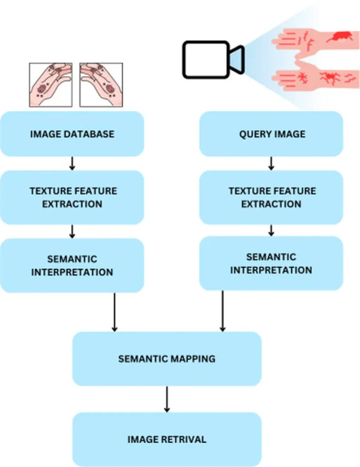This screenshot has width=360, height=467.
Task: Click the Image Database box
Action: tap(72, 134)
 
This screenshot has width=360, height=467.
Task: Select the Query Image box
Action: tap(271, 134)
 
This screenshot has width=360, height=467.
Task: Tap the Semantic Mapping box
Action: tap(167, 358)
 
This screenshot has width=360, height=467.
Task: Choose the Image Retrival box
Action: tap(167, 440)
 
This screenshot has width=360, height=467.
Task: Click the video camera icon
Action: tap(213, 59)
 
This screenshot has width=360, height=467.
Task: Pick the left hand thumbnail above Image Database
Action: tap(51, 85)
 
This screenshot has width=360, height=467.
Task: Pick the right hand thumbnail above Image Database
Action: tap(101, 85)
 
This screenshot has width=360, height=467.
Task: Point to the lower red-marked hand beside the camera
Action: tap(315, 78)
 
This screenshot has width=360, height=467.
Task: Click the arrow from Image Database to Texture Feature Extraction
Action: tap(72, 163)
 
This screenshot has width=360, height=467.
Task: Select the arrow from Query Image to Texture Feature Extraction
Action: tap(271, 163)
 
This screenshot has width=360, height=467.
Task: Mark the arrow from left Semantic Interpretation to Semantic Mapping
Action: tap(115, 312)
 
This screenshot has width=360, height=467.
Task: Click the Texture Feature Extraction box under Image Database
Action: tap(72, 197)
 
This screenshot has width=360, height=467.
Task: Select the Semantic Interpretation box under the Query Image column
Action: tap(271, 263)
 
